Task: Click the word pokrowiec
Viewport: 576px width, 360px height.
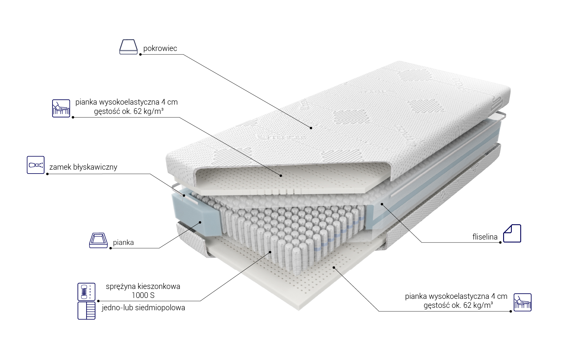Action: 160,49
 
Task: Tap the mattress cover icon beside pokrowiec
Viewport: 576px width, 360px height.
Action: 128,47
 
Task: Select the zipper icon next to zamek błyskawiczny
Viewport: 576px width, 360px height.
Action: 36,165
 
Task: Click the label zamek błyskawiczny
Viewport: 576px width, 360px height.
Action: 83,167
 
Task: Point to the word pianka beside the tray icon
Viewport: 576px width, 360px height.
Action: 123,242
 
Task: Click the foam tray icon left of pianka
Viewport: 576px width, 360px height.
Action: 98,240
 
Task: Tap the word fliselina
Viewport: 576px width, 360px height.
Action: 485,237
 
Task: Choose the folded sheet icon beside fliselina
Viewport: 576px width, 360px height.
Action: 512,233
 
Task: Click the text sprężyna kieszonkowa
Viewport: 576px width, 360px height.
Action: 143,286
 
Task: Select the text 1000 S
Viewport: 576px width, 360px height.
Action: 143,295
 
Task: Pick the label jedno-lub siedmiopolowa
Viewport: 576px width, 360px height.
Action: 143,308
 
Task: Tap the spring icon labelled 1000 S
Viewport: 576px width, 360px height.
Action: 86,292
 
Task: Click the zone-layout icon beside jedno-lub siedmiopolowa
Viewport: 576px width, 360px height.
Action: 86,311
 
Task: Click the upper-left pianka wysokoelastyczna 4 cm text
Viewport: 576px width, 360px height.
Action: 127,102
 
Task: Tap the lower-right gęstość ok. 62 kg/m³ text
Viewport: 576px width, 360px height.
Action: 458,305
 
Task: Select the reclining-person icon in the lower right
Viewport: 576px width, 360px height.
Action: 522,302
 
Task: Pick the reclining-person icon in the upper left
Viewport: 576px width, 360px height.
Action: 61,108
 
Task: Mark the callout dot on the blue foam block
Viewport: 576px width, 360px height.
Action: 200,222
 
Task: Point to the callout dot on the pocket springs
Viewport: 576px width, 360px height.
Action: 270,252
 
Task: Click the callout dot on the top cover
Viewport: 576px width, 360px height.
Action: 311,128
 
